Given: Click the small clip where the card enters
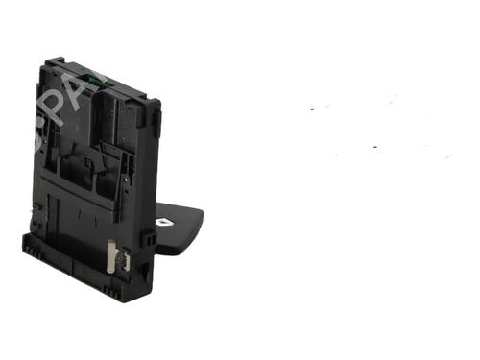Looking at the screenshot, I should coord(150,230).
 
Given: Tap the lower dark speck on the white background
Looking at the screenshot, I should coord(374,147).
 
